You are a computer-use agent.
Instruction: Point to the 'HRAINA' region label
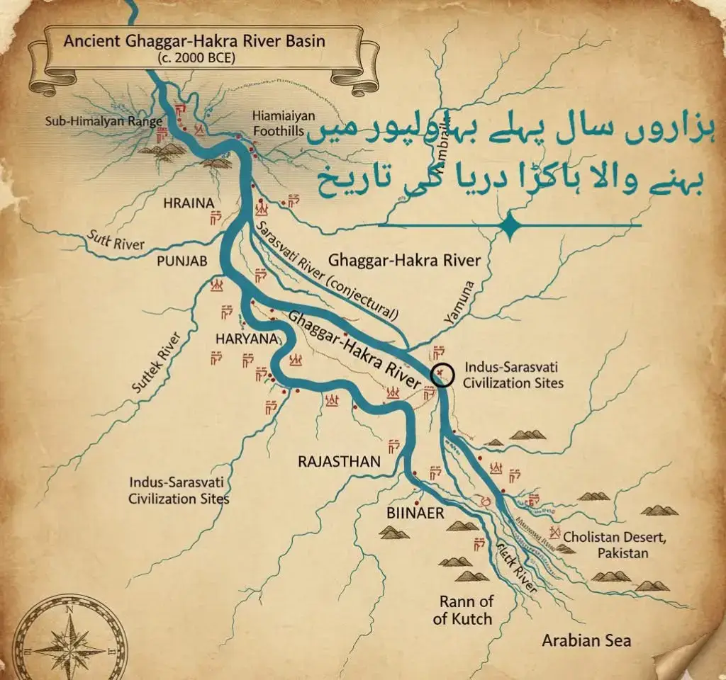[x=189, y=203]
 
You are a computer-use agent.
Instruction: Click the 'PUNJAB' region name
[x=182, y=261]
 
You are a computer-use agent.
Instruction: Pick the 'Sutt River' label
[x=116, y=241]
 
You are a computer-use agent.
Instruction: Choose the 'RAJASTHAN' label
[x=340, y=462]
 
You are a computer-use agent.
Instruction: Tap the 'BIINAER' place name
[x=415, y=514]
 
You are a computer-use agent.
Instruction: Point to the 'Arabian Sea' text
[x=586, y=641]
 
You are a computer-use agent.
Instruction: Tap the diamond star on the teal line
[x=509, y=225]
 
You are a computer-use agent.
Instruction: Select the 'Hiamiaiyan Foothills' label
[x=278, y=123]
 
